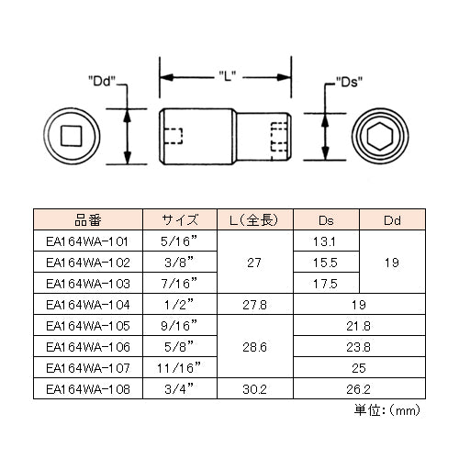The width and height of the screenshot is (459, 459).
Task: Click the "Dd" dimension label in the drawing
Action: [x=102, y=82]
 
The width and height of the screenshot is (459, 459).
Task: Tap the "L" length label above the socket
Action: [x=227, y=76]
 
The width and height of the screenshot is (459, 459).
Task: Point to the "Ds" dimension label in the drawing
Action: [x=349, y=82]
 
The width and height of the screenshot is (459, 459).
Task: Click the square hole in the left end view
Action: [x=72, y=136]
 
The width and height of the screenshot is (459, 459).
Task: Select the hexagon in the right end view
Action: [x=379, y=137]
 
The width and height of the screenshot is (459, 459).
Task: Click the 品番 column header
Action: [x=88, y=220]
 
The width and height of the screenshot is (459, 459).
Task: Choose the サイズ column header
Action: [x=180, y=220]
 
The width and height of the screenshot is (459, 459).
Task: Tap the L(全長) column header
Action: [x=254, y=220]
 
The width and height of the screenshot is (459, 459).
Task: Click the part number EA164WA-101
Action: [x=87, y=241]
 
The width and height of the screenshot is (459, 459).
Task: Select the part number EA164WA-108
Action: [x=88, y=389]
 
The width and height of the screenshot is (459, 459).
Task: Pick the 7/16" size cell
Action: [x=179, y=283]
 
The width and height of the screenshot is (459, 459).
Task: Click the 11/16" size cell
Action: [x=179, y=367]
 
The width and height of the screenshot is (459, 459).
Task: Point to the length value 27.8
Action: [x=254, y=305]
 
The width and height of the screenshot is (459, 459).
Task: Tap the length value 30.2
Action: [x=254, y=389]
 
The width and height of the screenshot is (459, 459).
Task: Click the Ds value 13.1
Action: [x=324, y=241]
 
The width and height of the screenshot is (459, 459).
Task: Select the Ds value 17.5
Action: [x=325, y=284]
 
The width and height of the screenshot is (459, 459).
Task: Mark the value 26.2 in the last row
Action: [x=358, y=389]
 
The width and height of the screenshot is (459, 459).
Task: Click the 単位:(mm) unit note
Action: [x=387, y=410]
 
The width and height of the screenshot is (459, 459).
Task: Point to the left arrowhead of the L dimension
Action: [x=167, y=77]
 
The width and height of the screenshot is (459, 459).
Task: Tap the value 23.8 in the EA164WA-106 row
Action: [x=358, y=347]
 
